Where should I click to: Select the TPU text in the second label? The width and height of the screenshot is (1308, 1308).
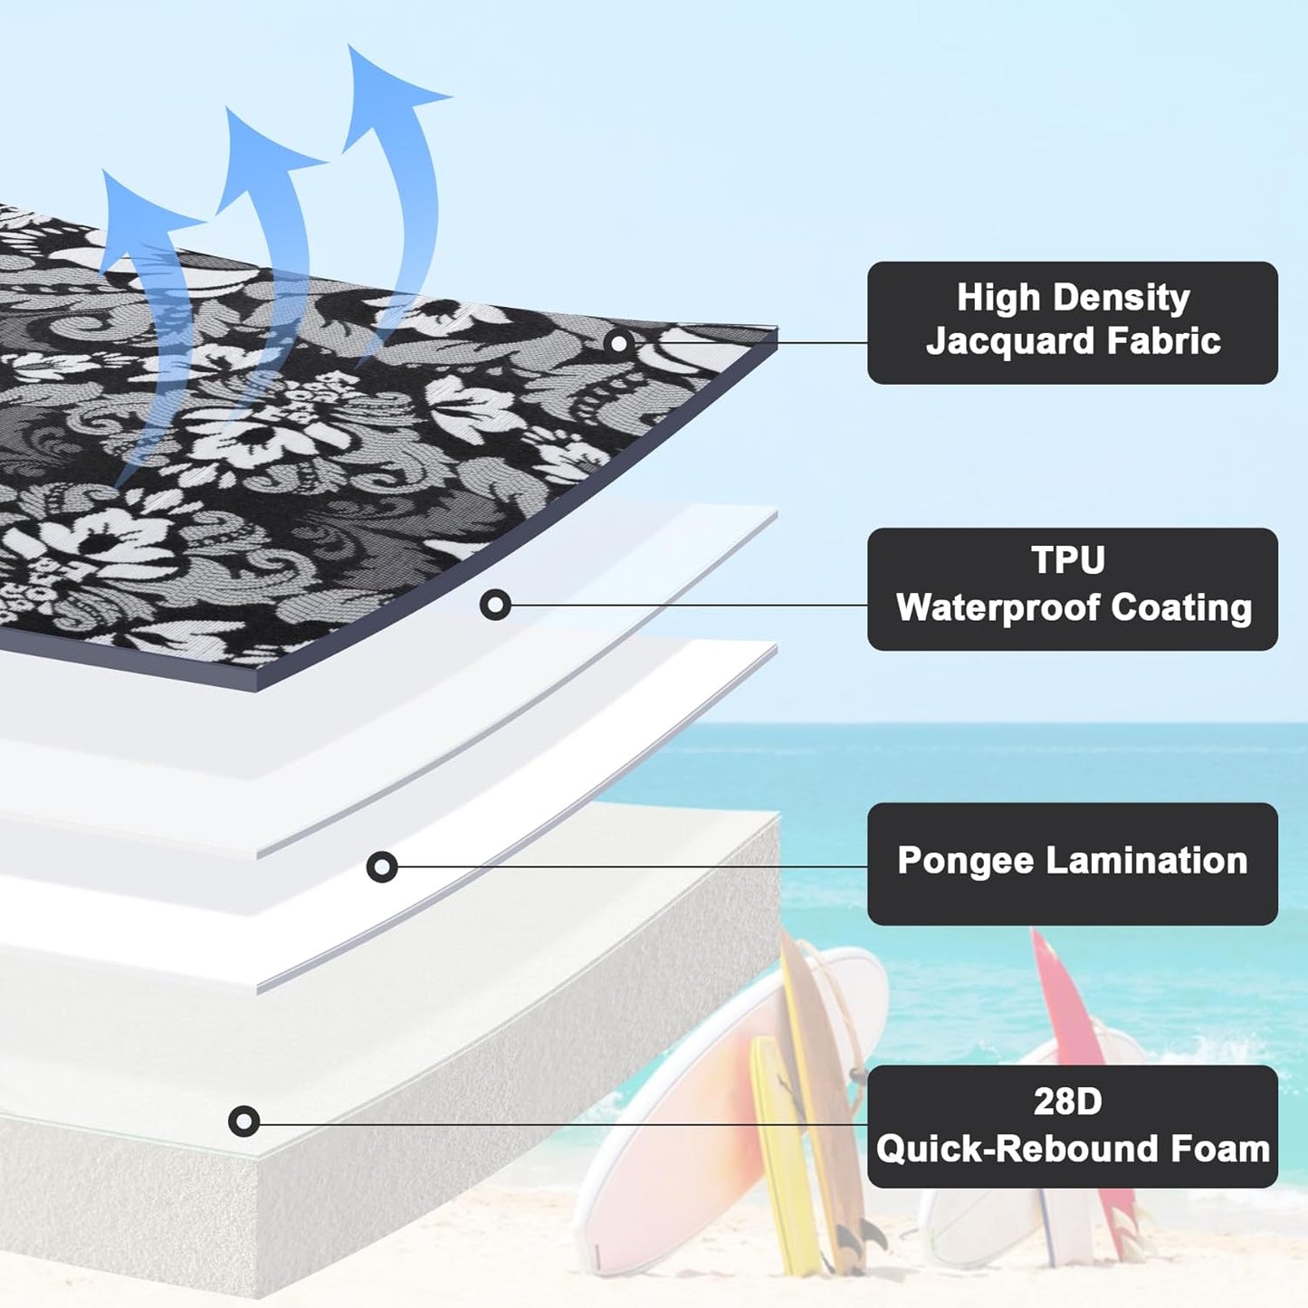(x=1068, y=560)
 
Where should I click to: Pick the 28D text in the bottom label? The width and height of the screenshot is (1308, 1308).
(x=1068, y=1102)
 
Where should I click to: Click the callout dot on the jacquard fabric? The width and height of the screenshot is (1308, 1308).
(x=619, y=343)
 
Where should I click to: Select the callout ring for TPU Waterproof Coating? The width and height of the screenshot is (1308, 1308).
(x=495, y=605)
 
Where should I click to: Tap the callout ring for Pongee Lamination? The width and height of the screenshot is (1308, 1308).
(x=381, y=867)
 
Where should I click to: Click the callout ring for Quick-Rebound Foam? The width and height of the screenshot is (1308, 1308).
(x=243, y=1122)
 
